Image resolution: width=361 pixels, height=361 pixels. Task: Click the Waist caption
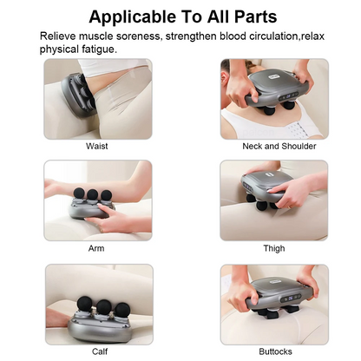point(97,146)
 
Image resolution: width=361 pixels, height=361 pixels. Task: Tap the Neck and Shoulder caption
point(273,146)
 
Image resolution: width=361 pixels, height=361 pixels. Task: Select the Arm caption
point(97,248)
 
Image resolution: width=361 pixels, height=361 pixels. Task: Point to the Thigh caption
point(273,248)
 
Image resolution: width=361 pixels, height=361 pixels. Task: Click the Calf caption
point(100,351)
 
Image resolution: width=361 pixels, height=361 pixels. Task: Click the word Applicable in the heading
point(131,16)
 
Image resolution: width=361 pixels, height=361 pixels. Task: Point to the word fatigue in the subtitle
point(95,49)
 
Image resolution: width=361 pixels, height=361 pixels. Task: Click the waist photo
point(97,97)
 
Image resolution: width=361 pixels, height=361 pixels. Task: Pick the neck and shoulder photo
point(273,97)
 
